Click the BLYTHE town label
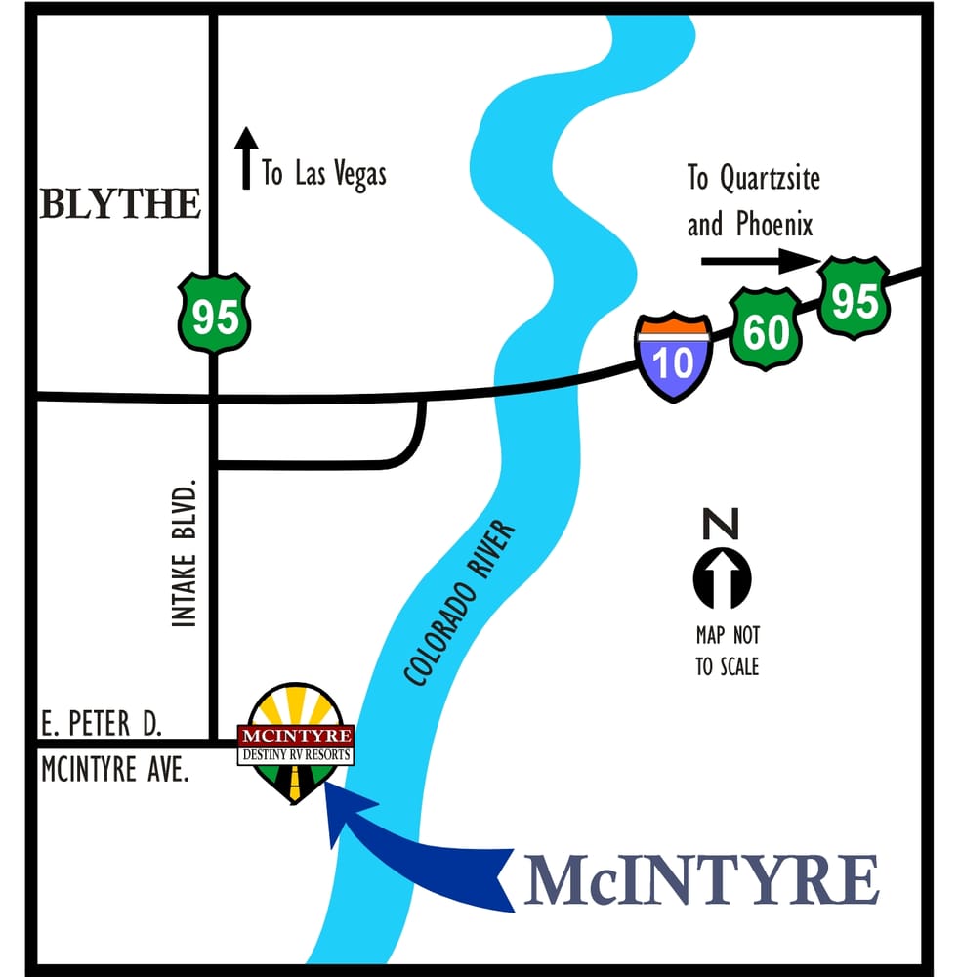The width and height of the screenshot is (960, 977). (121, 204)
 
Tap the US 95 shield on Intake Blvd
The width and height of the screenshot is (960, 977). (214, 314)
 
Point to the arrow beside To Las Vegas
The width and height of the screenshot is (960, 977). (246, 157)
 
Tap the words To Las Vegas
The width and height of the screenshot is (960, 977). (324, 174)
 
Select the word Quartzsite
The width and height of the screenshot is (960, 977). (768, 179)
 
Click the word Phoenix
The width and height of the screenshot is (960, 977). (775, 225)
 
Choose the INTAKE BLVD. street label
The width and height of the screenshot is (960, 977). (185, 552)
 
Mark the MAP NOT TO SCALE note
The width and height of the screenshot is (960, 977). (728, 651)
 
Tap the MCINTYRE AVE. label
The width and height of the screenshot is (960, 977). (114, 769)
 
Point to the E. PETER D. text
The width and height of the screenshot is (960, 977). (101, 724)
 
